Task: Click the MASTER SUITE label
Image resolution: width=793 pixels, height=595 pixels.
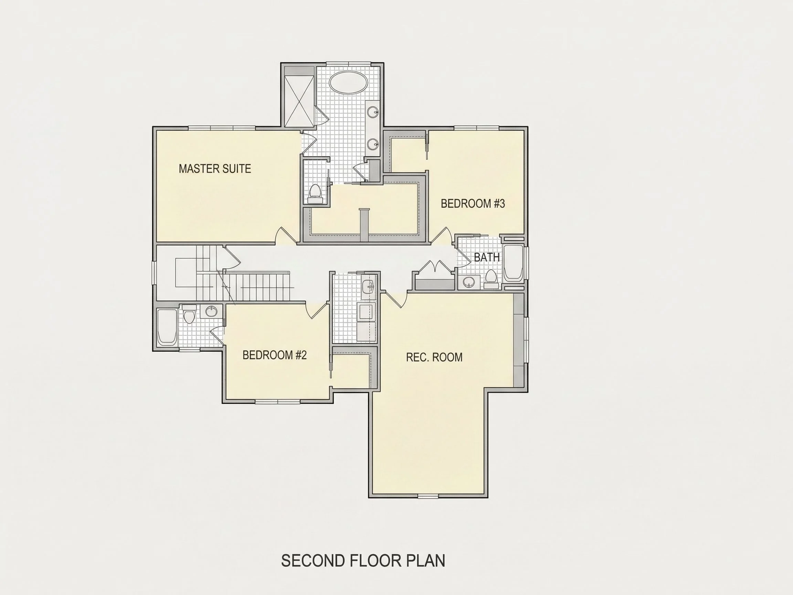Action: [215, 169]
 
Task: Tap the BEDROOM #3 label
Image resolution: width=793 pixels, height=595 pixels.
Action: [473, 203]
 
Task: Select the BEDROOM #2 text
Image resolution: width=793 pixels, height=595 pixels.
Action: [275, 355]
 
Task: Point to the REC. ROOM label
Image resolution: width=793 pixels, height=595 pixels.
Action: [434, 357]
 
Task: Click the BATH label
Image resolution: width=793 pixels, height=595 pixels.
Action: [487, 257]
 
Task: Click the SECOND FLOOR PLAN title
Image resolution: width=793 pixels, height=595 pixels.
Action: [363, 561]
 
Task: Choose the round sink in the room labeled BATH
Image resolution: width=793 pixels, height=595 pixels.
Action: [468, 282]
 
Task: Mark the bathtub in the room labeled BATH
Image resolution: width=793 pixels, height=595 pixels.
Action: [514, 263]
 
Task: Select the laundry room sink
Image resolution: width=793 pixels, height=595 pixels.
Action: [368, 287]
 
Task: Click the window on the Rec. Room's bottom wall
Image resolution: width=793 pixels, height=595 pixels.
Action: [429, 497]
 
